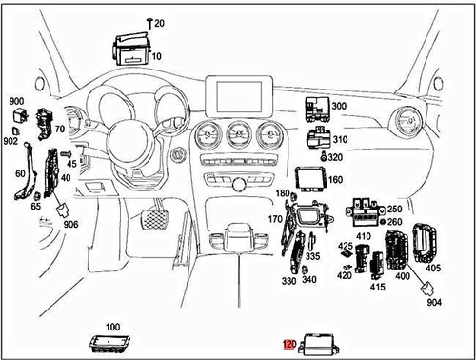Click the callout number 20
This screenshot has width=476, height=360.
coord(159,22)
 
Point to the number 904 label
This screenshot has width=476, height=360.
coord(436,303)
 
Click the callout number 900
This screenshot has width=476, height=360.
coord(16,101)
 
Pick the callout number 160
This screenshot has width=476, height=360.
coord(335,178)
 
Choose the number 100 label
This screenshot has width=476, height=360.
coord(112,328)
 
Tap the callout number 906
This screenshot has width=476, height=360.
coord(70,225)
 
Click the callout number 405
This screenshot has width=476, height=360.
coord(434,270)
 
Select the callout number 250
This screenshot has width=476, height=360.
coord(395,209)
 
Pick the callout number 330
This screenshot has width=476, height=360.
coord(288,281)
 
